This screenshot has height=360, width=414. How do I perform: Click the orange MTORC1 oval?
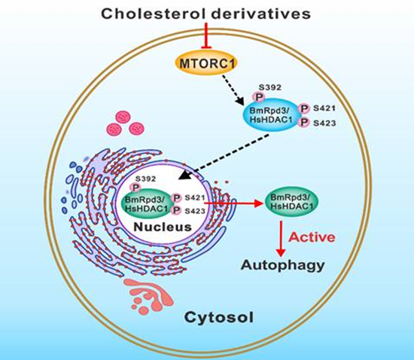tap(206, 63)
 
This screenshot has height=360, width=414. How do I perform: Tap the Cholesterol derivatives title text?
tap(206, 14)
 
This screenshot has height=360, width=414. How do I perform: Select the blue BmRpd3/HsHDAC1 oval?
tap(272, 115)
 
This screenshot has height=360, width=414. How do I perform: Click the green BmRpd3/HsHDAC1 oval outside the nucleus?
tap(291, 202)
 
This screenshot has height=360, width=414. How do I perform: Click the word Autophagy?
tap(283, 265)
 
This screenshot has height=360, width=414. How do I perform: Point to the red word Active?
tap(312, 237)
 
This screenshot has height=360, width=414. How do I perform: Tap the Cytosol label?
tap(219, 318)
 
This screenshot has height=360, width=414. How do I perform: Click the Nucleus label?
tap(163, 227)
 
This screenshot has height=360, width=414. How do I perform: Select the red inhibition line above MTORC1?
tap(206, 35)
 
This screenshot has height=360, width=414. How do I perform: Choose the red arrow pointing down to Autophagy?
tap(281, 239)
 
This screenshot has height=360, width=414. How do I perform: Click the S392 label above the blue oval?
tap(269, 87)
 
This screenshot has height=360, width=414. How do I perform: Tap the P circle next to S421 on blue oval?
tap(304, 108)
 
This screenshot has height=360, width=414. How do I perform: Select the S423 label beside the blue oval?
tap(324, 123)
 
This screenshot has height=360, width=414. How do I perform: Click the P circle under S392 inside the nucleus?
tap(135, 188)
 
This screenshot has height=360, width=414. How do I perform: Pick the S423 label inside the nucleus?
tap(195, 211)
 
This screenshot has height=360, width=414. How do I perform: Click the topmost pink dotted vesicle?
tap(123, 117)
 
